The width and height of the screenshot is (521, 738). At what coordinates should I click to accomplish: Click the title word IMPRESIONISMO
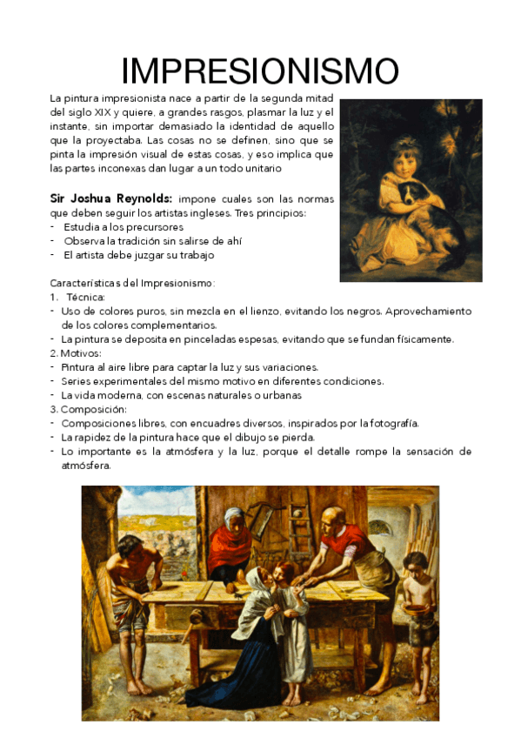(x=260, y=71)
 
